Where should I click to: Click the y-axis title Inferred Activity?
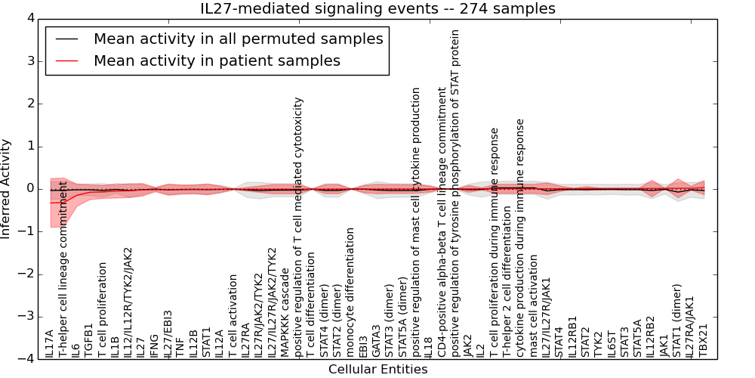click(7, 188)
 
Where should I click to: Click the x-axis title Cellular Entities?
click(377, 370)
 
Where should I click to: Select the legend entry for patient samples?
click(217, 60)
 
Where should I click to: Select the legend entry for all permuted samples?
click(238, 39)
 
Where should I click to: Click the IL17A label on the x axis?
click(50, 342)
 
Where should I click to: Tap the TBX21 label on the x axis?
click(704, 340)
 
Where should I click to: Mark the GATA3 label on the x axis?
click(376, 341)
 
